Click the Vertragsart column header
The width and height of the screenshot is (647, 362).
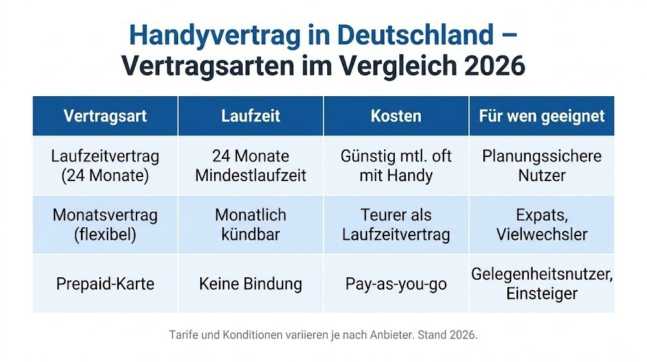[x=105, y=116]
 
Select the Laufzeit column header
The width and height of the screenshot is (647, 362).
[x=250, y=116]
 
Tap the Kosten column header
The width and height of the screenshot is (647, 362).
[x=396, y=116]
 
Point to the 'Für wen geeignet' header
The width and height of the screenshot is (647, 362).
[x=541, y=116]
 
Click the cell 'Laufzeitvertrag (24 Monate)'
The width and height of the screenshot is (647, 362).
[x=105, y=165]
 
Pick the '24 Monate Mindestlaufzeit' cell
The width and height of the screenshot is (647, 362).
[x=250, y=165]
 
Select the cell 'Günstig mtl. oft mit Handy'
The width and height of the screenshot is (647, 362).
[x=396, y=165]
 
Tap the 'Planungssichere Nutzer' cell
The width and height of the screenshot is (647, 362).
[x=541, y=165]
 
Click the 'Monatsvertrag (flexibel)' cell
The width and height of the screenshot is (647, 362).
[x=105, y=224]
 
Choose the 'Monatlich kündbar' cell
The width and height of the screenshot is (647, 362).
[x=250, y=224]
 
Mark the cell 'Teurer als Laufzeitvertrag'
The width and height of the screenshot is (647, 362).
[x=396, y=224]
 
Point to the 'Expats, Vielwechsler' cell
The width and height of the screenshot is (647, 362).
[x=541, y=224]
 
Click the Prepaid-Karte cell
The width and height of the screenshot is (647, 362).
[x=105, y=284]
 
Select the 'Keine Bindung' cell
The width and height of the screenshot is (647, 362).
[x=250, y=284]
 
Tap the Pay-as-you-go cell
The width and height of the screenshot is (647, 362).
[x=396, y=284]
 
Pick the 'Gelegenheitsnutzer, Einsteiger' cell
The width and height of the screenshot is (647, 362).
[x=541, y=284]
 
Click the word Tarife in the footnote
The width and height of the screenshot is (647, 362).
[x=183, y=334]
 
